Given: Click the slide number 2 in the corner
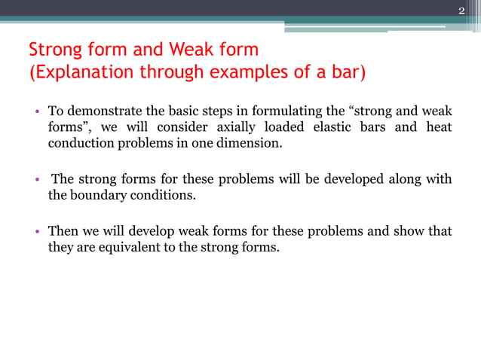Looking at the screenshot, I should (462, 10).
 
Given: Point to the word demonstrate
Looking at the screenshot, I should (101, 113).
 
